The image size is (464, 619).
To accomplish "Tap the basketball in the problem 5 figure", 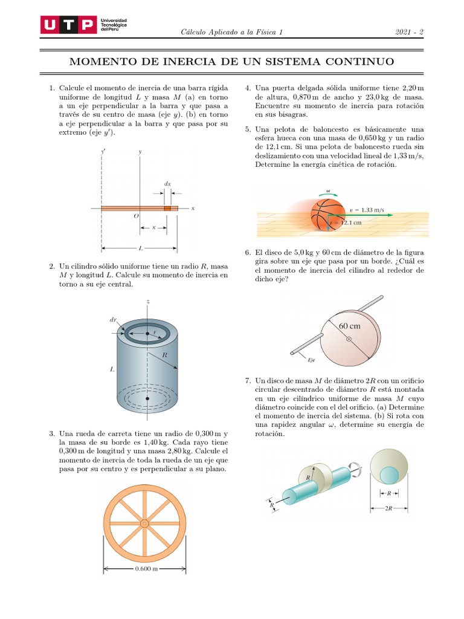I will click(x=326, y=215).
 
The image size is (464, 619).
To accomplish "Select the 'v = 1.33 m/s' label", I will click(x=367, y=210).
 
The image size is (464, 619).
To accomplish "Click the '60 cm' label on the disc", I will click(x=350, y=326).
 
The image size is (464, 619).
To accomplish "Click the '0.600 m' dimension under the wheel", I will click(x=145, y=569).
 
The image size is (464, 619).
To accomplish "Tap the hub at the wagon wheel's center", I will click(x=145, y=523).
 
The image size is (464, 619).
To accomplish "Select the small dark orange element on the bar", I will click(x=167, y=209).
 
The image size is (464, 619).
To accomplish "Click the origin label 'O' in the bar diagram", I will click(x=136, y=216).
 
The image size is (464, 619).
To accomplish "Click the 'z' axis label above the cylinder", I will click(x=148, y=300).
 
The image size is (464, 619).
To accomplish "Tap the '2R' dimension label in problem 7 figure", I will click(x=388, y=508).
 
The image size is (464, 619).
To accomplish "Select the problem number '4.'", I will click(x=248, y=88).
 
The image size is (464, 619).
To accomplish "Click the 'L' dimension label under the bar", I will click(x=140, y=248).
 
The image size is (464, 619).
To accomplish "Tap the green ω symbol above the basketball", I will click(x=328, y=190).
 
